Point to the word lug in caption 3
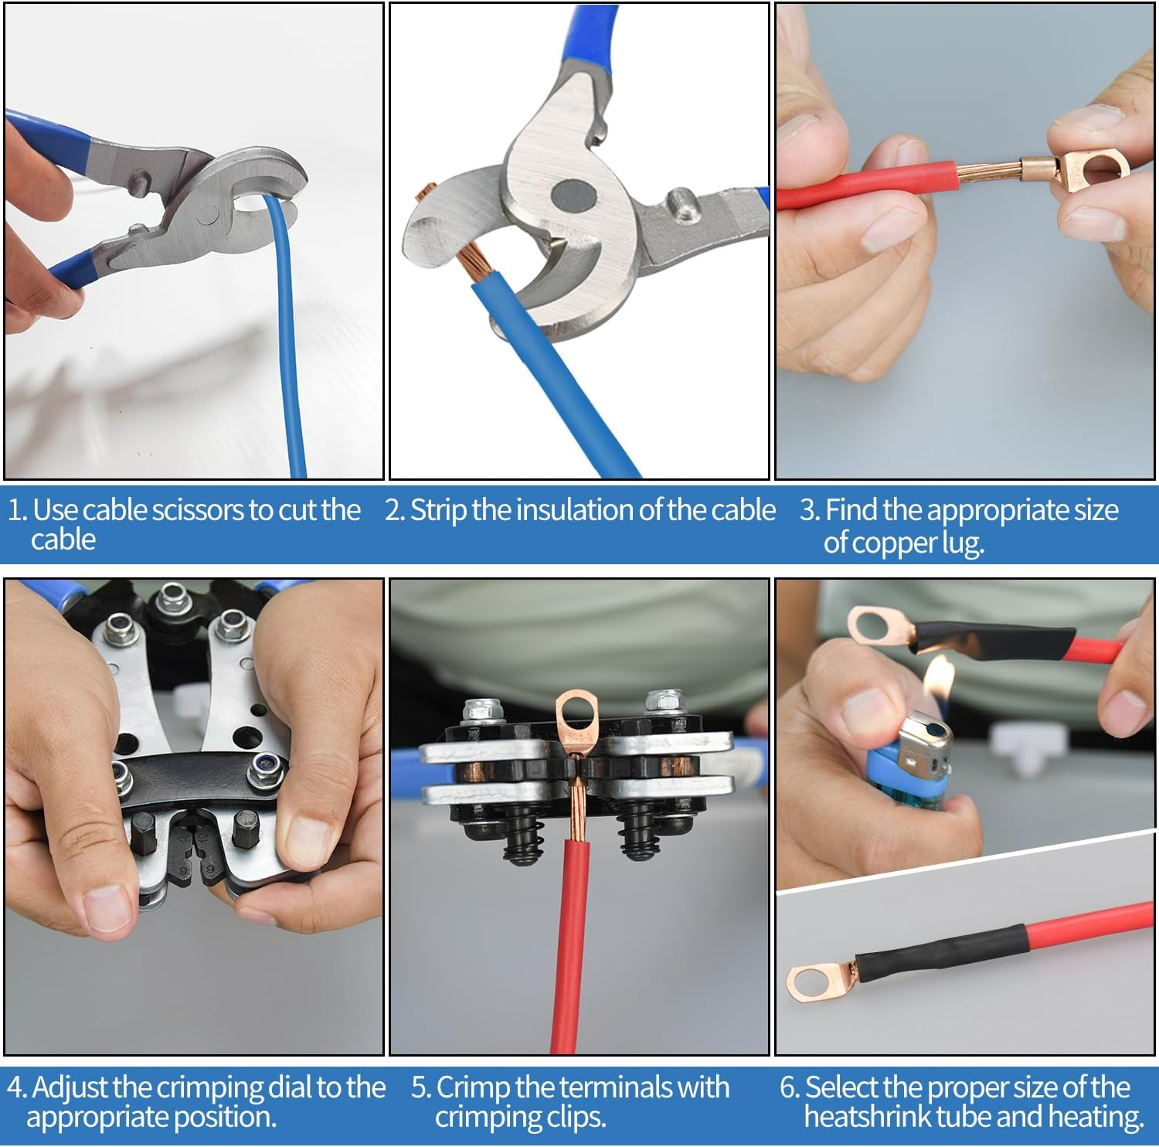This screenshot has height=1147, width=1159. (x=961, y=543)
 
